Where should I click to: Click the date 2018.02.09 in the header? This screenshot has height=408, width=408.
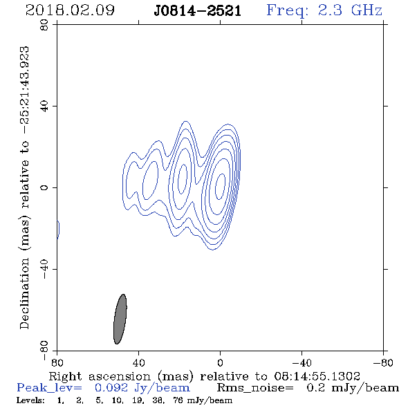[x=70, y=10]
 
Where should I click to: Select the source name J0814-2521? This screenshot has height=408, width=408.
[x=197, y=11]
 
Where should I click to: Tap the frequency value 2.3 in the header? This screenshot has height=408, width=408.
[x=330, y=10]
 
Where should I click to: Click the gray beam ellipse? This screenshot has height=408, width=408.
[x=120, y=319]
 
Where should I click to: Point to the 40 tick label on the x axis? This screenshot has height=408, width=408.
[x=139, y=362]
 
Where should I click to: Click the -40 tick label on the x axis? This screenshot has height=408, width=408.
[x=302, y=362]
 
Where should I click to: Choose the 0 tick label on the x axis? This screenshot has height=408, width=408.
[x=220, y=362]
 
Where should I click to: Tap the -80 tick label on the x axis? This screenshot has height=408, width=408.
[x=383, y=362]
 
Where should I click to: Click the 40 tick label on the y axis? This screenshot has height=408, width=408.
[x=44, y=106]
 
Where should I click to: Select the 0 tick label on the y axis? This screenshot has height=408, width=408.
[x=44, y=187]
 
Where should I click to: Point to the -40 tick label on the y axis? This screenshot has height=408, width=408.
[x=44, y=269]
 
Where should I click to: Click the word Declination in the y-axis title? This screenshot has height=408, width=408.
[x=24, y=293]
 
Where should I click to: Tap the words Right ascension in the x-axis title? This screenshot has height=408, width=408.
[x=100, y=376]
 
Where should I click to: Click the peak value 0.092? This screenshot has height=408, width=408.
[x=111, y=388]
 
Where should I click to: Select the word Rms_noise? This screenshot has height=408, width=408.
[x=255, y=388]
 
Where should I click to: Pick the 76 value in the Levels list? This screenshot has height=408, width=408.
[x=178, y=400]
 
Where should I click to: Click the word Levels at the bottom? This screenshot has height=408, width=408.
[x=30, y=400]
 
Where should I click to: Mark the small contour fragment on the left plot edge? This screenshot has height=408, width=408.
[x=59, y=230]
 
